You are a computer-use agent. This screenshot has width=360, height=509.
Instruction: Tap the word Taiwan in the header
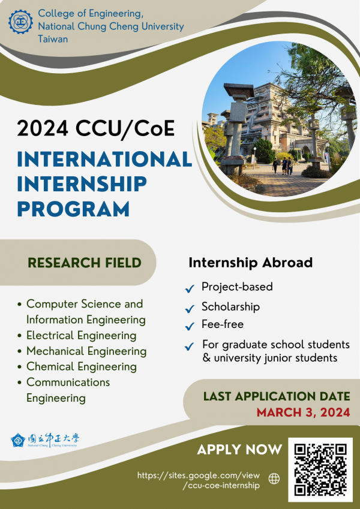53,39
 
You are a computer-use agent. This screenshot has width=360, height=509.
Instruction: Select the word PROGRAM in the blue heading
73,209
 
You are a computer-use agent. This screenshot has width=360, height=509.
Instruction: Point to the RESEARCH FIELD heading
85,263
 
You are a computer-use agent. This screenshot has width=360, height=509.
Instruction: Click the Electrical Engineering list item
81,335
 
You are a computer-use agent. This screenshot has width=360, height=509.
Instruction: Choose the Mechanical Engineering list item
86,351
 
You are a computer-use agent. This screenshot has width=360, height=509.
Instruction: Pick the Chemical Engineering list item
81,366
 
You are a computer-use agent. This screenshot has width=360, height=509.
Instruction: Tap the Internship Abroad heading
250,263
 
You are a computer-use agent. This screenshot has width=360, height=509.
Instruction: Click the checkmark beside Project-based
190,289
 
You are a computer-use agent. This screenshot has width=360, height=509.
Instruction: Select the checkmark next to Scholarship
190,309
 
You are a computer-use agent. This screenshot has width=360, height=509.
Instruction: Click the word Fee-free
223,325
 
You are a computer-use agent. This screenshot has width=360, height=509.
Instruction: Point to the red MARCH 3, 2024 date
303,412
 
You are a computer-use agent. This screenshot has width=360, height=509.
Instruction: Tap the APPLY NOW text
239,450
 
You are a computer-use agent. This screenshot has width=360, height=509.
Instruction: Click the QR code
320,469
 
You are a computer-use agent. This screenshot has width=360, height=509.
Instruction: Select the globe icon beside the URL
274,478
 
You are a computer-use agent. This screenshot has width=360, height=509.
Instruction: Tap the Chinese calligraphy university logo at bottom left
45,441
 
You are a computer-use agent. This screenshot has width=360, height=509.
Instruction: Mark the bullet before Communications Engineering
21,382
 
